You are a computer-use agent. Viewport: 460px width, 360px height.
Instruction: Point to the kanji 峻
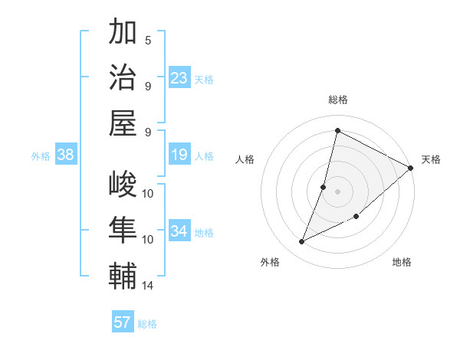(x=123, y=184)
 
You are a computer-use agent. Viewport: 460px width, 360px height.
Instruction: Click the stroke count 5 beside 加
(x=148, y=40)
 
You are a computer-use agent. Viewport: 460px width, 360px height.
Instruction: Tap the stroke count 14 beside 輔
(x=148, y=286)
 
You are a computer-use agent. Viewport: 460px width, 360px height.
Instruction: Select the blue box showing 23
(x=179, y=77)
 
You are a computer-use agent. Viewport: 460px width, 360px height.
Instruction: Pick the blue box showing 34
(x=179, y=231)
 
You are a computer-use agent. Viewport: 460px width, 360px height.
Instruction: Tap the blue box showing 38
(x=66, y=155)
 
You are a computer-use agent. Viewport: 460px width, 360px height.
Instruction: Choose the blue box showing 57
(x=123, y=322)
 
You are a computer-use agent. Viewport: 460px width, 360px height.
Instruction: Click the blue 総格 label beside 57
(x=147, y=324)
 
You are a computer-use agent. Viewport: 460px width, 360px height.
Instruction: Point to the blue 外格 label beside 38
(x=41, y=156)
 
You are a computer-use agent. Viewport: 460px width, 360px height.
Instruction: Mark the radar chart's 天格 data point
(x=411, y=169)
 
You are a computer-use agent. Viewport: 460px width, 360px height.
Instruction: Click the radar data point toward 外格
(x=302, y=242)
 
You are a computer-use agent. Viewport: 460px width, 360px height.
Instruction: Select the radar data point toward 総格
(x=337, y=130)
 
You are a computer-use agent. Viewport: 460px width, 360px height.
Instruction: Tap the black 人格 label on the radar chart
(x=245, y=159)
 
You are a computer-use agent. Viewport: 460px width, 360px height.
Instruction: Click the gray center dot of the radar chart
(x=337, y=191)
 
